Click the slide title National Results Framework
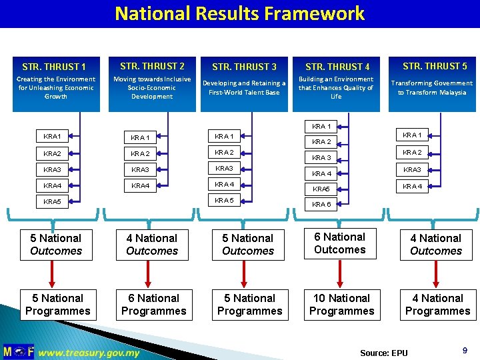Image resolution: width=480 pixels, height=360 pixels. click(x=239, y=13)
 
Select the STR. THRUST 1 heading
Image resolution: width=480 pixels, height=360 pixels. click(x=54, y=67)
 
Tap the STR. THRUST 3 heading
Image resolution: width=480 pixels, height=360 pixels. click(x=244, y=67)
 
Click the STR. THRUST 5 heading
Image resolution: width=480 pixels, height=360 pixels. click(x=435, y=66)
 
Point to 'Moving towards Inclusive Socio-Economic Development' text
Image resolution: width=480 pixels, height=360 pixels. click(x=152, y=87)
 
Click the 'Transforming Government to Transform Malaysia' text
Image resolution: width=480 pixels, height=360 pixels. click(x=432, y=87)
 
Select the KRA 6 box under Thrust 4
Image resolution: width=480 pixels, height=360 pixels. click(x=321, y=205)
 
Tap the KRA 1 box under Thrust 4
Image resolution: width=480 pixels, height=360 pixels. click(x=321, y=126)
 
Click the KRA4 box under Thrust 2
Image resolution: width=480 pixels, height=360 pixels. click(x=140, y=186)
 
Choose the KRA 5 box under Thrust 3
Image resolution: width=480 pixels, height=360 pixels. click(x=224, y=200)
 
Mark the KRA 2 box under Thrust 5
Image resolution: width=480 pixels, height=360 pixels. click(x=412, y=152)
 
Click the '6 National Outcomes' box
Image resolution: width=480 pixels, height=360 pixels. click(x=340, y=243)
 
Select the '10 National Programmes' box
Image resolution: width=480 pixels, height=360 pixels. click(x=341, y=305)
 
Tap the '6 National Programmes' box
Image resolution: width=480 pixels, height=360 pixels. click(x=153, y=305)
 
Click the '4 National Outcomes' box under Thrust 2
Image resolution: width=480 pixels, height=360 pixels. click(x=152, y=245)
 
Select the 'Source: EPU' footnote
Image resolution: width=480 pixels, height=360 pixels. click(x=383, y=353)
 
